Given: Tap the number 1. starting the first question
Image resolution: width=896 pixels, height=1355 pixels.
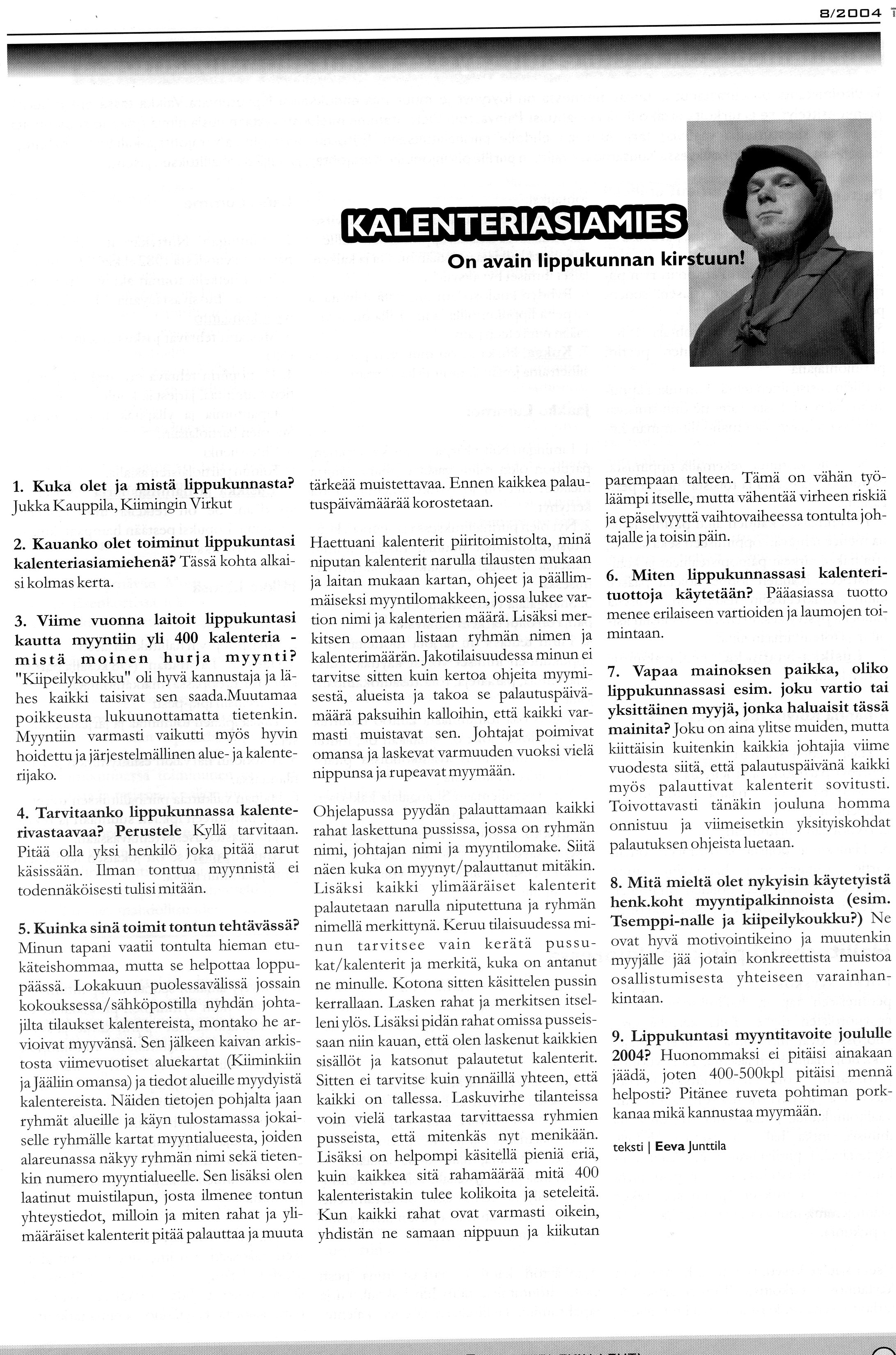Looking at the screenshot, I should point(19,486).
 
